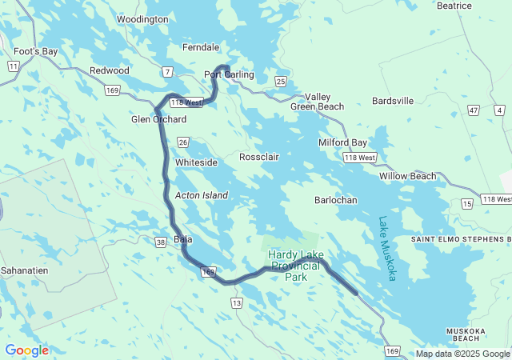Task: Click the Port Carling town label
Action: (x=229, y=75)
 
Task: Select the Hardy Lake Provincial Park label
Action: (x=294, y=266)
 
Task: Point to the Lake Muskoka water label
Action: (x=387, y=248)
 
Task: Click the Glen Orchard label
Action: (x=158, y=120)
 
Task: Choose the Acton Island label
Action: (x=202, y=195)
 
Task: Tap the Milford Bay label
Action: (x=342, y=143)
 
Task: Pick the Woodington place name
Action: (x=142, y=19)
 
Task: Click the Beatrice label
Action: (x=454, y=6)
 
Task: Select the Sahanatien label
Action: (x=25, y=271)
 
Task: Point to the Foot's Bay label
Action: (x=36, y=51)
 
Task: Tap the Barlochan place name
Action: (x=336, y=200)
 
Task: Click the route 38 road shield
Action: (x=160, y=242)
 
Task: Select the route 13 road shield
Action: (x=236, y=303)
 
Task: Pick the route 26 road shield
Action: (x=182, y=142)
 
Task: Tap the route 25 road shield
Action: (x=280, y=81)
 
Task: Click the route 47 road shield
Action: (x=474, y=110)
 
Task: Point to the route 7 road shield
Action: (x=167, y=72)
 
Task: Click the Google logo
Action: (x=26, y=350)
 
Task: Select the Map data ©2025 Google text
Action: (x=462, y=354)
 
